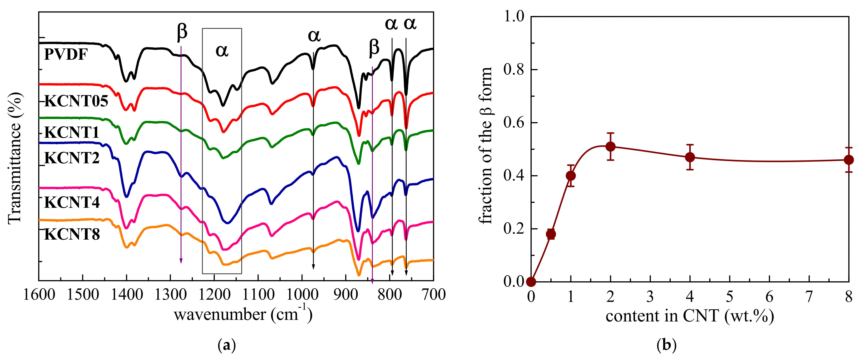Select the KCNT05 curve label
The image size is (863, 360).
[x=76, y=101]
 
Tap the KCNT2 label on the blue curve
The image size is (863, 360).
[x=72, y=158]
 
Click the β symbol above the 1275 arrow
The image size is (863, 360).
[x=182, y=32]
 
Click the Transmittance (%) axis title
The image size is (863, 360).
[x=15, y=158]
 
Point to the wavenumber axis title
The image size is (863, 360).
[x=243, y=314]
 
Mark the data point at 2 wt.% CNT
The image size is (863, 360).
[x=610, y=146]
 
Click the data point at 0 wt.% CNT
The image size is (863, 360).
[x=531, y=282]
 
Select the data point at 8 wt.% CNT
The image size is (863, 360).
[x=849, y=160]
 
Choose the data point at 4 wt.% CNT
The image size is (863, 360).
[x=690, y=157]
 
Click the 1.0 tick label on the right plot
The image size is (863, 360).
[x=513, y=16]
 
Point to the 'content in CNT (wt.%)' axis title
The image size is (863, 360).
[x=690, y=316]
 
